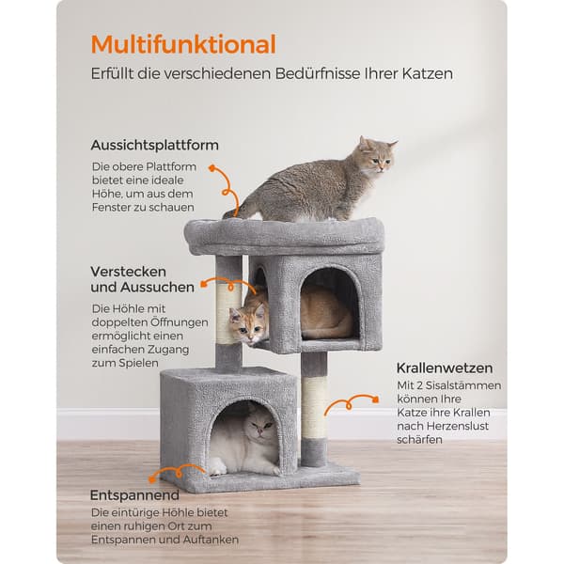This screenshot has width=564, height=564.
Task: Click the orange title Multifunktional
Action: (x=183, y=44)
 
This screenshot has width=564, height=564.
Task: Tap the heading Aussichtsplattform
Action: (x=155, y=146)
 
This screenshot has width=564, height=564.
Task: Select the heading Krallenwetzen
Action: (x=445, y=368)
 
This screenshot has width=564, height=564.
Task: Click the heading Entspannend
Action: (x=134, y=495)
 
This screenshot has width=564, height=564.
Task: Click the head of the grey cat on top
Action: (x=378, y=155)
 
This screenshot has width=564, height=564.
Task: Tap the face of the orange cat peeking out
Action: (x=249, y=326)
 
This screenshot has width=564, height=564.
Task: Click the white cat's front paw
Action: (x=218, y=466)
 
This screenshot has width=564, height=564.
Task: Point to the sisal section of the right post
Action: (x=314, y=407)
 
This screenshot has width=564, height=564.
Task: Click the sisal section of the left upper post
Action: (x=228, y=314)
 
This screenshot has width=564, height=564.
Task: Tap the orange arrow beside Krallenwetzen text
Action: (x=351, y=403)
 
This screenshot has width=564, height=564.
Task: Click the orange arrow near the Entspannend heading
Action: (x=177, y=472)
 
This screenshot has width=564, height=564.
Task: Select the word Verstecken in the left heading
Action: (x=129, y=272)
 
